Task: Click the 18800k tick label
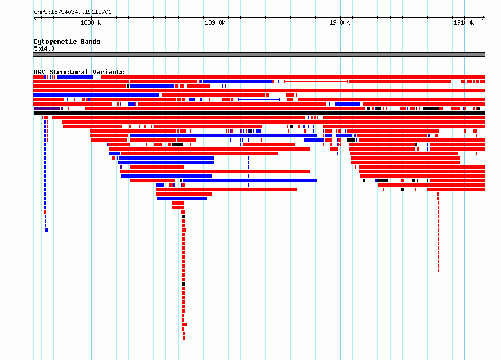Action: coord(91,22)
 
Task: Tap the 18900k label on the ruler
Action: coord(215,22)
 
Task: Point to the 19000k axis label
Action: coord(339,22)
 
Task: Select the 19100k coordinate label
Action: coord(464,22)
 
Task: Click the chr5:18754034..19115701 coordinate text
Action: coord(73,12)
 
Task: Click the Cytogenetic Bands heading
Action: coord(67,42)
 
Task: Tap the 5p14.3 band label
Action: coord(44,48)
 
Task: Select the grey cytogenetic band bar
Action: coord(259,55)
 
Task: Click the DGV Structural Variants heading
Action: coord(79,72)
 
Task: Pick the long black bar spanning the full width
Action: coord(259,113)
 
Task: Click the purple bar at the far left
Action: coord(47,109)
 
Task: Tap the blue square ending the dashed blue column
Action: coord(47,230)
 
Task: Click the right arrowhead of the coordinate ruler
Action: coord(484,17)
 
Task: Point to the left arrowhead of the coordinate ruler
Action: coord(35,17)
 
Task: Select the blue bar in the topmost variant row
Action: coord(74,77)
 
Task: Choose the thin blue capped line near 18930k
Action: coord(259,100)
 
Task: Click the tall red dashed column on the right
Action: coord(439,232)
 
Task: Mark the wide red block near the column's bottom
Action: coord(185,325)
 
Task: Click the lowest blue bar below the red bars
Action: coord(182,199)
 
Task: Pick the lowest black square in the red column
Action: coord(184,284)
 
